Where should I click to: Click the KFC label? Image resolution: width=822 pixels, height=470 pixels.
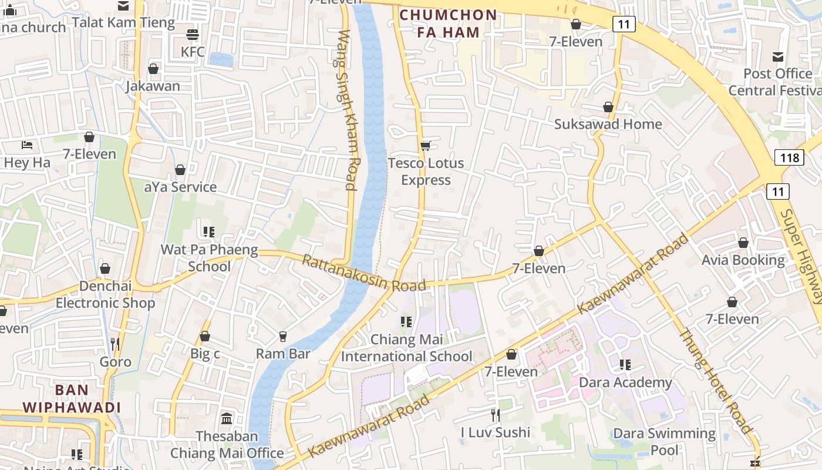click(193, 52)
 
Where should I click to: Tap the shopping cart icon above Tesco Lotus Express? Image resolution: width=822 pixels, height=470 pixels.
click(425, 146)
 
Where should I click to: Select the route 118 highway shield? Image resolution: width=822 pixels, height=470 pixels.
click(789, 157)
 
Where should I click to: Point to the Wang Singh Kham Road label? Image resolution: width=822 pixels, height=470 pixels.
click(346, 110)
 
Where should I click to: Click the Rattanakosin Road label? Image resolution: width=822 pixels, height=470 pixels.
click(363, 273)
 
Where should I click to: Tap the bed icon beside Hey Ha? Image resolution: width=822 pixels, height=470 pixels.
click(27, 145)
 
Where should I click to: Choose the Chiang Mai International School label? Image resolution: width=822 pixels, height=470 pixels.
click(406, 348)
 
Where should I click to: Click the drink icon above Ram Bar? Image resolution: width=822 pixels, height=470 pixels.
click(283, 336)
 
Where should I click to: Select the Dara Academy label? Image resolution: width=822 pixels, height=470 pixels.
click(625, 382)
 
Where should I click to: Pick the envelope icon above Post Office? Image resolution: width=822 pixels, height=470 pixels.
click(778, 57)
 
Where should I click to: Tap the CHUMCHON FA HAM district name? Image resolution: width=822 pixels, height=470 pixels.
click(448, 23)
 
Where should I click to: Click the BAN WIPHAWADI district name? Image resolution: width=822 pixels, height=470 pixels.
click(72, 398)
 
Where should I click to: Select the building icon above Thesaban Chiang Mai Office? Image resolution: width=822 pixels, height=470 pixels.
click(227, 419)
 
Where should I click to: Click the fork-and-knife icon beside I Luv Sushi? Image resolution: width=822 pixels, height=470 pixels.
click(496, 415)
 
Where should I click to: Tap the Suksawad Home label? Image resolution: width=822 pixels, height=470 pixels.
click(608, 124)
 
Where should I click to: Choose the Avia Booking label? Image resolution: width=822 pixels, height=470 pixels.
click(743, 260)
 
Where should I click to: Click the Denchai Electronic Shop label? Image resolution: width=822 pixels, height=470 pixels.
click(105, 294)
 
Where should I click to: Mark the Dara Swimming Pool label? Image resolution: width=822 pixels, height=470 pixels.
click(664, 442)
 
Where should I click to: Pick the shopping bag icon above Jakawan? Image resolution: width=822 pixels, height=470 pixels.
click(153, 69)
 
